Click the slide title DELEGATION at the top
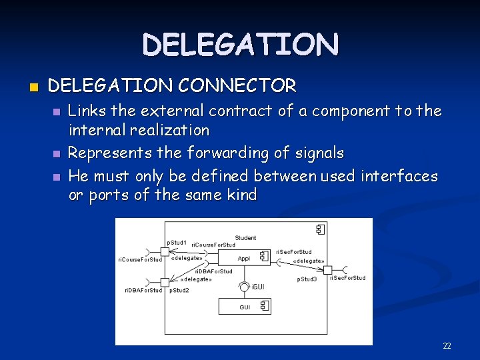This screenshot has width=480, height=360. coord(240,45)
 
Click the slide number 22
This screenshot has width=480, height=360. coord(447,346)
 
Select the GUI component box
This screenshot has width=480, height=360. coord(245,307)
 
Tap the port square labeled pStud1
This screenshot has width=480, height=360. coord(165,251)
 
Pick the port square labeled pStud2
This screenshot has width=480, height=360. coord(165,283)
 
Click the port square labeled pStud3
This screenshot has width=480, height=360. coord(327,269)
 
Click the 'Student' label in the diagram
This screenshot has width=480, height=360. coord(245,237)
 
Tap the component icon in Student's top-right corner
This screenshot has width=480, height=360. coord(320,229)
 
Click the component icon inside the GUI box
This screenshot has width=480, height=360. coord(265,307)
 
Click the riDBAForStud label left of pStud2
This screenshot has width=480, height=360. coord(143,290)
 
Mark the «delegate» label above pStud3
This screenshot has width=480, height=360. coord(309,261)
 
